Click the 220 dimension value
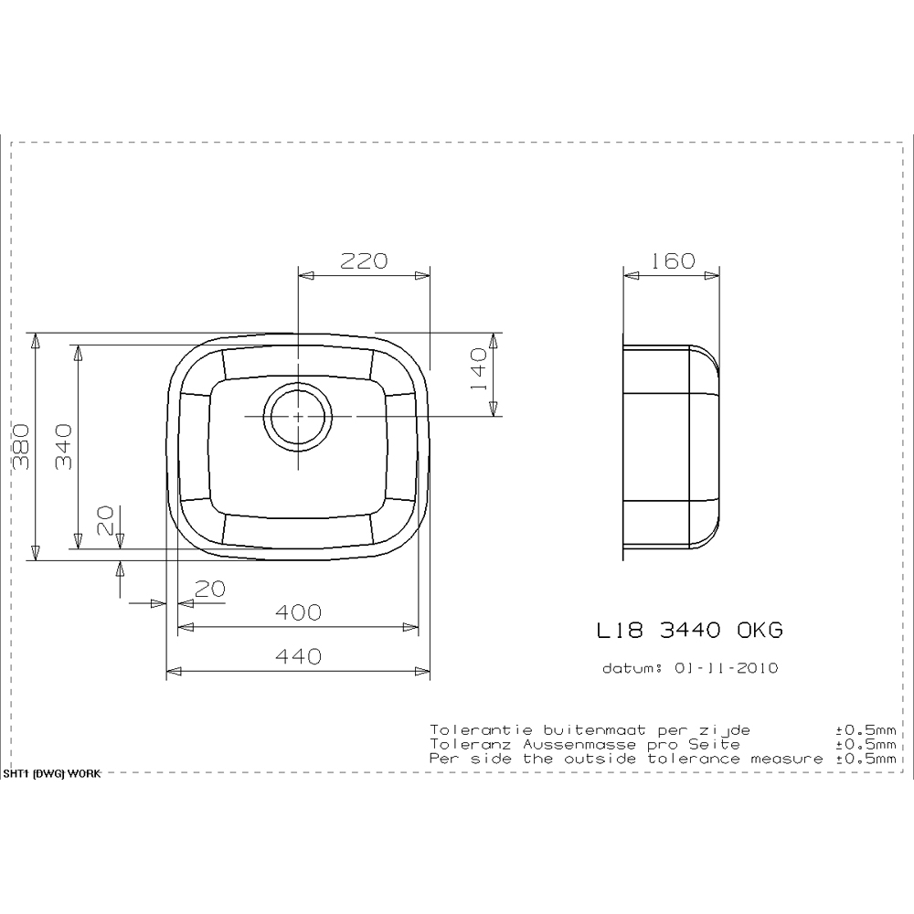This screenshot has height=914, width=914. tap(364, 261)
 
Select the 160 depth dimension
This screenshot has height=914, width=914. tap(673, 261)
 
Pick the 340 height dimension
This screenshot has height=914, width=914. tap(62, 445)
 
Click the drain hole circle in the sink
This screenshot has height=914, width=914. tap(296, 416)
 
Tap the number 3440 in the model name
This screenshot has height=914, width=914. tap(691, 631)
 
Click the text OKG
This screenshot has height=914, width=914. tap(760, 631)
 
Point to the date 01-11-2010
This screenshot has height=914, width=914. tap(724, 668)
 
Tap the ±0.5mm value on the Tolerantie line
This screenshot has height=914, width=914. tap(865, 729)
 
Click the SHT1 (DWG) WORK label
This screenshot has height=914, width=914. tap(51, 772)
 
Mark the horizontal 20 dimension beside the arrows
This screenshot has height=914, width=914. tap(210, 590)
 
